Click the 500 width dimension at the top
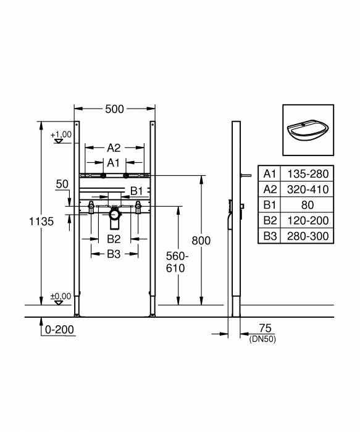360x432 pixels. coord(114,109)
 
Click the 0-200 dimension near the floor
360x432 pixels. coord(60,330)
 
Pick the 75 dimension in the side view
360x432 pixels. coord(266,328)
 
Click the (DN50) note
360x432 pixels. coord(262,339)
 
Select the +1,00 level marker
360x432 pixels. coord(62,135)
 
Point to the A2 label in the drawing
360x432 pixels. coord(114,148)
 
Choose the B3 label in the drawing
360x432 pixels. coord(114,254)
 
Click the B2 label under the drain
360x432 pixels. coord(114,238)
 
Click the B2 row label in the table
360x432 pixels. coord(269,220)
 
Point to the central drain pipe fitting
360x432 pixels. coord(114,215)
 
